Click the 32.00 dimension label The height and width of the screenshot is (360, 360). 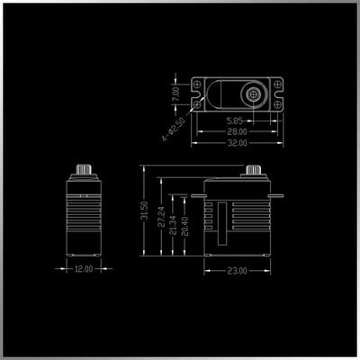click(237, 143)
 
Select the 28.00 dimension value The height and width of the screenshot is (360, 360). click(237, 131)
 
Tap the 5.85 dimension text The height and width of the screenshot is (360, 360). click(234, 121)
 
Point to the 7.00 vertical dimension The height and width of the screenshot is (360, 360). click(175, 94)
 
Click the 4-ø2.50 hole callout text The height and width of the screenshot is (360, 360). click(175, 130)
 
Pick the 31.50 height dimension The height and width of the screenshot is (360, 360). click(144, 211)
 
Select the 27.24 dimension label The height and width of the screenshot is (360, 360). click(161, 216)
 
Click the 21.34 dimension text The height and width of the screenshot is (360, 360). click(173, 226)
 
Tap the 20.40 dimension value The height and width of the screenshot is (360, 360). click(184, 226)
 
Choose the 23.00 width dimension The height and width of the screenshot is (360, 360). click(237, 271)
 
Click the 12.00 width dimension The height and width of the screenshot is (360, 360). click(84, 269)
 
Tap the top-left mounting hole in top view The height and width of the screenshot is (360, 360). click(197, 84)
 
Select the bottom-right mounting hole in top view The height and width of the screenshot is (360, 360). click(278, 104)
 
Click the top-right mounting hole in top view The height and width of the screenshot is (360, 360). click(278, 84)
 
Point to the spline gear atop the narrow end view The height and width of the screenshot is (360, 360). click(84, 169)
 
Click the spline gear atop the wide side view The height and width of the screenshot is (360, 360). click(254, 170)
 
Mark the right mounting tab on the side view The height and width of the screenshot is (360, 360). click(277, 196)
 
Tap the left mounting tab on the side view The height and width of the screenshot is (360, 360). click(198, 196)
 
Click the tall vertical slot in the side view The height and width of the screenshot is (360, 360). click(222, 223)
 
